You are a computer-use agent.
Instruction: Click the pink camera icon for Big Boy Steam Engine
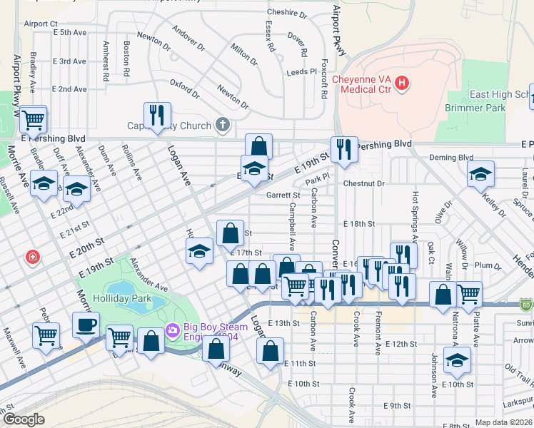click(x=171, y=330)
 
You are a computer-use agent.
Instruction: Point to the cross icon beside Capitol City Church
click(x=222, y=126)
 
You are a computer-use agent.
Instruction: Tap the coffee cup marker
click(x=86, y=325)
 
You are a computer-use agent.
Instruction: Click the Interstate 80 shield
click(x=526, y=305)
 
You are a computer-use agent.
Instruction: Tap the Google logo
click(x=24, y=419)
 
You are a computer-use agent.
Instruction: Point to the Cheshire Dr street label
click(x=286, y=13)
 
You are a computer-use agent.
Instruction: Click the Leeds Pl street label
click(x=301, y=72)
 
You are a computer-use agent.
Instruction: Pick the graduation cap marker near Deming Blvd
click(x=480, y=173)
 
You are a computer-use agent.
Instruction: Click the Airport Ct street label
click(x=40, y=24)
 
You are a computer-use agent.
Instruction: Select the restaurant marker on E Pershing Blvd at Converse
click(x=344, y=148)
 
